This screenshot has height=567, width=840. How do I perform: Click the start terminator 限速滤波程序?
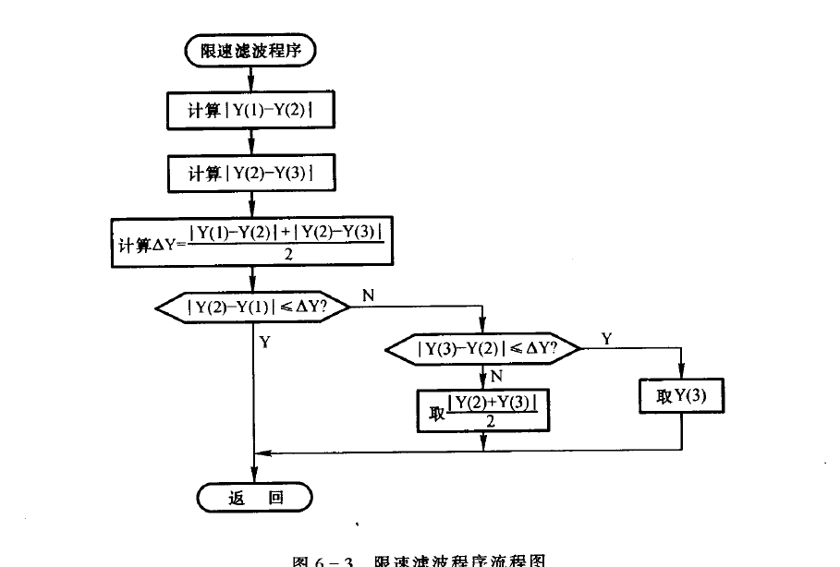pyautogui.click(x=251, y=50)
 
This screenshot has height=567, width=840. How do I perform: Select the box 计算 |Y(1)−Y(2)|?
pyautogui.click(x=251, y=111)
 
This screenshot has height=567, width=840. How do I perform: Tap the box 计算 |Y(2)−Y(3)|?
pyautogui.click(x=251, y=172)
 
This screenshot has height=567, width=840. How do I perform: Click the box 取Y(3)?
pyautogui.click(x=681, y=397)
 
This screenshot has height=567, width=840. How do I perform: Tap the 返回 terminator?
pyautogui.click(x=254, y=498)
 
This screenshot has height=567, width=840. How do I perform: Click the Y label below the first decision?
pyautogui.click(x=265, y=343)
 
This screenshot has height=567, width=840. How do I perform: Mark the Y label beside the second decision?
pyautogui.click(x=606, y=338)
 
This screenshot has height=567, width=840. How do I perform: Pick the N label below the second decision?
pyautogui.click(x=495, y=375)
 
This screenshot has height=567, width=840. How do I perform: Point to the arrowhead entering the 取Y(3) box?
pyautogui.click(x=681, y=373)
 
